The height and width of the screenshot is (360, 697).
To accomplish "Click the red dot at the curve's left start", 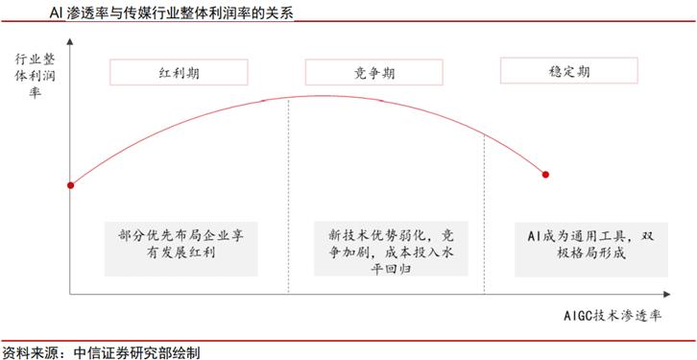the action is tap(70, 185).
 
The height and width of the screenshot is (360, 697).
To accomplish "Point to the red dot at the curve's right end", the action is tap(546, 175).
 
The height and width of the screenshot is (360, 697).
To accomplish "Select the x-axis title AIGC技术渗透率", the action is tap(615, 315).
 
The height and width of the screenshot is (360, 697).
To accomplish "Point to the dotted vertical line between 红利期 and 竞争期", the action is tap(288, 192).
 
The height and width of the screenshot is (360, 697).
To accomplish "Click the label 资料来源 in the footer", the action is tap(27, 351).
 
